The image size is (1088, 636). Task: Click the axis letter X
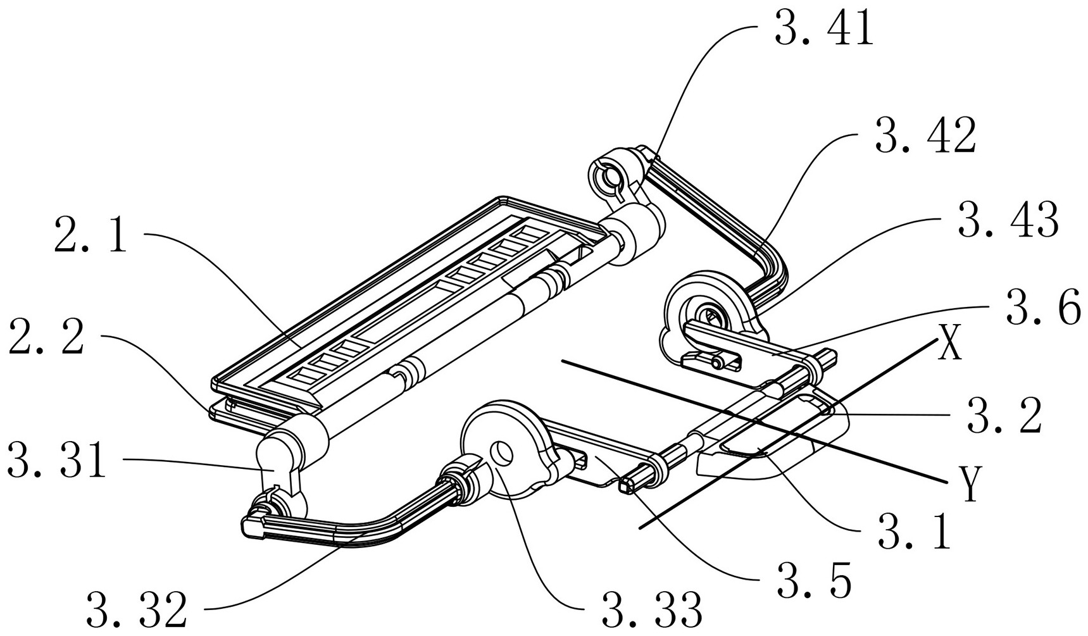point(949,347)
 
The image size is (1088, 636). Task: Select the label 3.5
point(813,579)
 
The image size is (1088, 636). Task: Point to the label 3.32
point(137,609)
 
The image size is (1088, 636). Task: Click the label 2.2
point(46,337)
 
